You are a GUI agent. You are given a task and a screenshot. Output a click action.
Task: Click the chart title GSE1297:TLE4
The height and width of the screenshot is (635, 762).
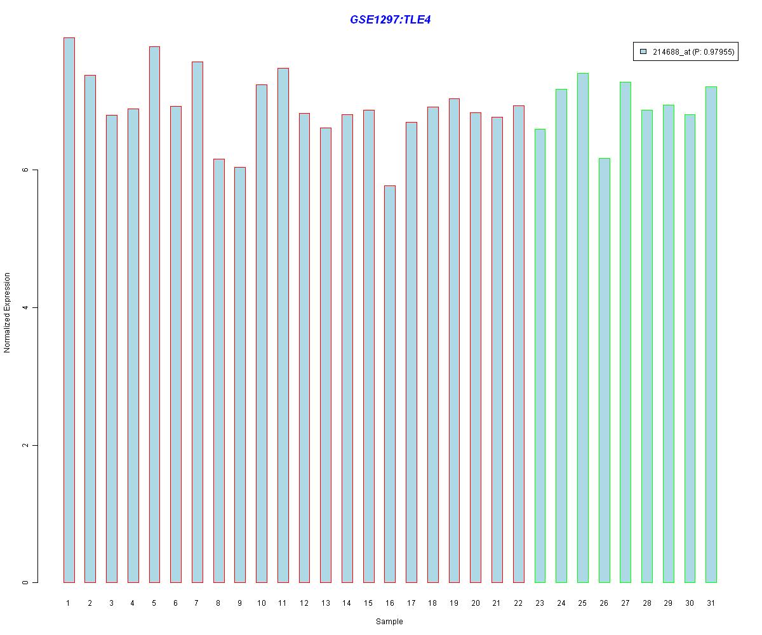point(391,20)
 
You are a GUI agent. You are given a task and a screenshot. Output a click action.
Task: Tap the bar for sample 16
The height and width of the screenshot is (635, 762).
point(390,384)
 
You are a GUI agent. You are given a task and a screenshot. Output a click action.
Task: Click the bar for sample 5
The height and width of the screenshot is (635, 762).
point(154,314)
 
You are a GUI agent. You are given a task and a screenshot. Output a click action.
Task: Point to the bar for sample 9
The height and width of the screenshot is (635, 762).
point(240,375)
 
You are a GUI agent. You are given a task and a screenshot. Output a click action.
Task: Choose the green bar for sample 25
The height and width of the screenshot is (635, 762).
point(582,328)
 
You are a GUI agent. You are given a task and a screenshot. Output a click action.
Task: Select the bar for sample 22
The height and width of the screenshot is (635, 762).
point(518,344)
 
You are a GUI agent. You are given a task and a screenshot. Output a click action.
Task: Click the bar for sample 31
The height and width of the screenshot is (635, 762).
point(711,334)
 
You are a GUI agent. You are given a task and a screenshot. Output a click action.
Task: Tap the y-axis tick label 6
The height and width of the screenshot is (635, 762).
point(26,170)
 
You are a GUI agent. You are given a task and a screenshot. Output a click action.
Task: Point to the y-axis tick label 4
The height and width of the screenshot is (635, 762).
point(26,308)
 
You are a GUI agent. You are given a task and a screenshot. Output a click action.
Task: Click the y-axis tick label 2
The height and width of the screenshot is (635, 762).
point(26,445)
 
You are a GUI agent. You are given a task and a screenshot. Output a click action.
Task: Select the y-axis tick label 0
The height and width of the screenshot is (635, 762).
point(26,582)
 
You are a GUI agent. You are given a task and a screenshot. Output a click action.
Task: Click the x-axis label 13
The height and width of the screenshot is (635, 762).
point(325,603)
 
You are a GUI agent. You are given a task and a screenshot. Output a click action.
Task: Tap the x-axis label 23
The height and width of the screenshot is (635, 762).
point(540,603)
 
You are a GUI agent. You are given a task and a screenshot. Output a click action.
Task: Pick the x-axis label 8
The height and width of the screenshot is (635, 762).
point(218,603)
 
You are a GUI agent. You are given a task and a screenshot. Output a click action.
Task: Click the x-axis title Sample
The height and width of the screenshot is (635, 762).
point(389,622)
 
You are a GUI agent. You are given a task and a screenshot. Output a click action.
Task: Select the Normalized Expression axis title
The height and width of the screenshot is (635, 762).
point(8,312)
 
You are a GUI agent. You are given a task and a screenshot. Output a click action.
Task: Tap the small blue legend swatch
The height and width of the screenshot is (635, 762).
point(643,52)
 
